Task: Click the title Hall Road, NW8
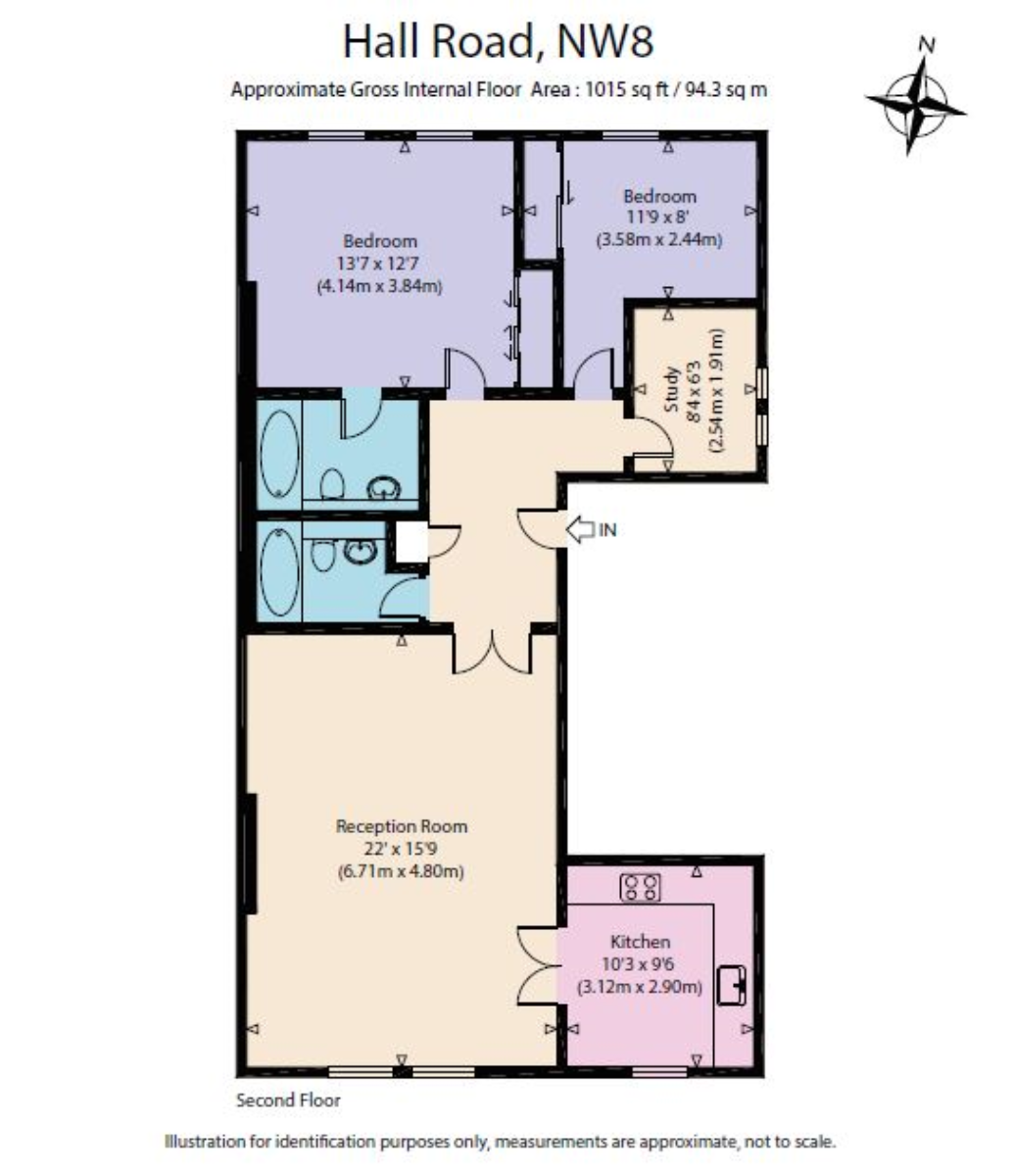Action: coord(498,42)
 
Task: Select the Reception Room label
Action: coord(402,825)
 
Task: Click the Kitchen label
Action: coord(641,941)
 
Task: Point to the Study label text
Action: coord(673,390)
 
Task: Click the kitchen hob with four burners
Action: coord(641,888)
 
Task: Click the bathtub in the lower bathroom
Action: coord(280,573)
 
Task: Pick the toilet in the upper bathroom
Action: coord(331,484)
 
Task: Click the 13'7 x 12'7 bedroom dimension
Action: coord(379,264)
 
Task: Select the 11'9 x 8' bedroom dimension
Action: coord(659,217)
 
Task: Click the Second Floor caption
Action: coord(288,1100)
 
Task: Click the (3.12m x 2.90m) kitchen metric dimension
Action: coord(641,987)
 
